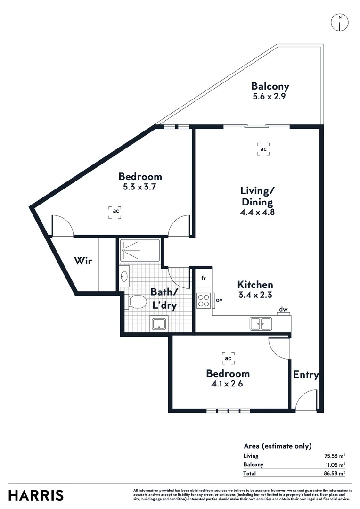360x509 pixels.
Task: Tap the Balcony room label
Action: (270, 87)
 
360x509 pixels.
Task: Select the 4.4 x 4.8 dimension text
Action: (257, 212)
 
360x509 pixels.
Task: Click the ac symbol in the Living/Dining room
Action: (263, 149)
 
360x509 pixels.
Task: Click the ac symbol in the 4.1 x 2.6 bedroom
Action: (228, 359)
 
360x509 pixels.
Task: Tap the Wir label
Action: (83, 261)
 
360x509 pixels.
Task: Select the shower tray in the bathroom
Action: (140, 250)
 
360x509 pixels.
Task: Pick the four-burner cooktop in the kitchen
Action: (204, 300)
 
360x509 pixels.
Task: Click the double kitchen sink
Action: (261, 324)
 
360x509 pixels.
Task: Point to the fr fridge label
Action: (204, 278)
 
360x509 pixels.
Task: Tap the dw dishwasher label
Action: (283, 310)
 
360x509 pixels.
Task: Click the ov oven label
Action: (219, 300)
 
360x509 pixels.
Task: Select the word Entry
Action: (306, 375)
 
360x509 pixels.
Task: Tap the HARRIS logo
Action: (36, 495)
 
